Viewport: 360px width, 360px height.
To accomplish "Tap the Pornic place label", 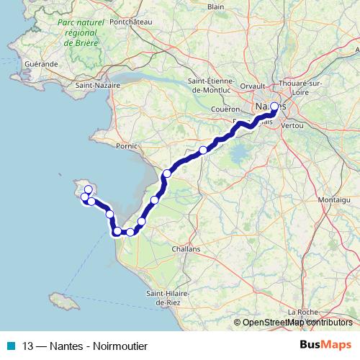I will tap(125, 145).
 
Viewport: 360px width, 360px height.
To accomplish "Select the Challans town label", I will tap(186, 248).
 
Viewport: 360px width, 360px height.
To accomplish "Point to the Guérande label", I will tap(41, 64).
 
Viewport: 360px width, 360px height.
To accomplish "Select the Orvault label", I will tap(253, 86).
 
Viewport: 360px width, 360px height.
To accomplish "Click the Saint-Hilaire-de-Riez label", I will tap(168, 298).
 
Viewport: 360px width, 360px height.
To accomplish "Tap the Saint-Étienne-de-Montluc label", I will tap(208, 85).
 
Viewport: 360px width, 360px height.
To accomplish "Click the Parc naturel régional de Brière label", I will tap(76, 33).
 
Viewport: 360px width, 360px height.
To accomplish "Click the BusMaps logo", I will tap(323, 345).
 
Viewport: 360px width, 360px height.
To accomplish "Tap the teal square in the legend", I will tap(11, 346).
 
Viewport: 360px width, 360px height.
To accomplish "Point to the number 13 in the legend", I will tap(28, 346).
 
